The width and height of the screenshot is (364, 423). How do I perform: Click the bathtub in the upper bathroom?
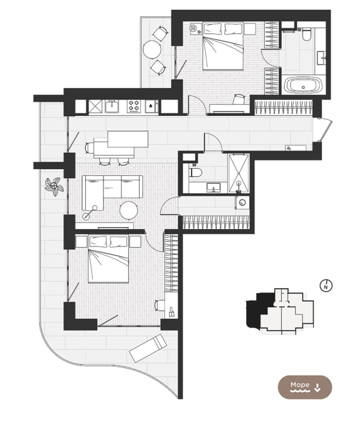(x=304, y=85)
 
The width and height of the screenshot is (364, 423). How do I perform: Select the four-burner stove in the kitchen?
(x=134, y=106)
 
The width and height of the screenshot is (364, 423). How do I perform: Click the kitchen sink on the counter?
(x=111, y=106)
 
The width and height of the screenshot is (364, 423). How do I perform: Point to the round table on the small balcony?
(x=152, y=50)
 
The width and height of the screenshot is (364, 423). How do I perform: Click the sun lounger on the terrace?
(x=148, y=348)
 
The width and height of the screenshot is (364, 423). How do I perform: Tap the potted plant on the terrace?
(x=54, y=186)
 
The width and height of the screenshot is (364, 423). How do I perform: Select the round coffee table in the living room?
(x=129, y=210)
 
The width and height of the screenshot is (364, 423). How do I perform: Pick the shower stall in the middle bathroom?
(x=238, y=173)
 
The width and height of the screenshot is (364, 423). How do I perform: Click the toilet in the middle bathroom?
(x=195, y=172)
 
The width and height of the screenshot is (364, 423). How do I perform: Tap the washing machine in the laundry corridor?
(x=242, y=202)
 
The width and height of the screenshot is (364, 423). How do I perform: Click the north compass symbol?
(x=326, y=285)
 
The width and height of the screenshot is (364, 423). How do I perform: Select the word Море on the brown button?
(x=300, y=385)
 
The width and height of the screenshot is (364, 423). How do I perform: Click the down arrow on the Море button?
(x=317, y=388)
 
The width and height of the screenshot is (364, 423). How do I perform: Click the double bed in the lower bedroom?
(x=108, y=259)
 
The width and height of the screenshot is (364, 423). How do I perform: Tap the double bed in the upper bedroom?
(x=223, y=46)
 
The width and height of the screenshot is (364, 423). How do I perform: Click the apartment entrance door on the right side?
(x=325, y=130)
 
